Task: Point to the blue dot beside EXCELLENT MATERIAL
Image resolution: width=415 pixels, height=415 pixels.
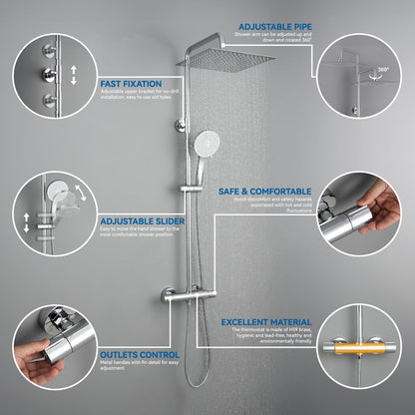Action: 216,322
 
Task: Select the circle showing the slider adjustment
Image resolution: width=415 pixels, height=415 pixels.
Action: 46,213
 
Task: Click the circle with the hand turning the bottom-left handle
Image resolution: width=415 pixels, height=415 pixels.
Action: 46,349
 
